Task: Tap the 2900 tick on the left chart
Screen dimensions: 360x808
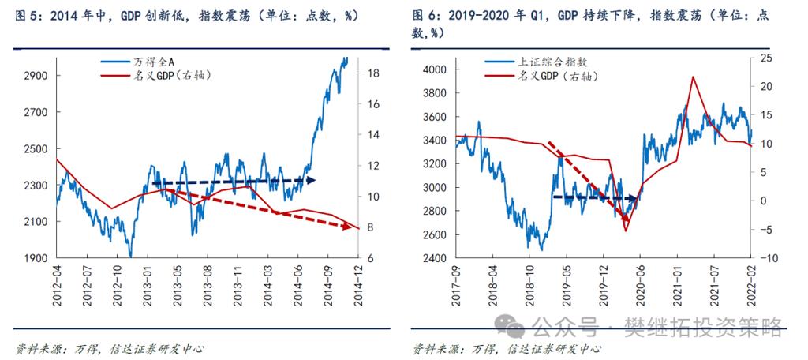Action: click(37, 76)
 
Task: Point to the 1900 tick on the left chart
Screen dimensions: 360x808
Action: click(37, 258)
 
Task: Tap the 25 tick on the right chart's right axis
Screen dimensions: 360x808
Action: click(765, 58)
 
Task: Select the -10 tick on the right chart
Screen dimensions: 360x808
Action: click(766, 258)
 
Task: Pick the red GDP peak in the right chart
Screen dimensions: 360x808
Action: click(692, 77)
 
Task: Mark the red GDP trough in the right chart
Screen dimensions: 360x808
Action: click(625, 230)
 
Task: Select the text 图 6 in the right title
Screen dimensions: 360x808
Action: click(425, 16)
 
